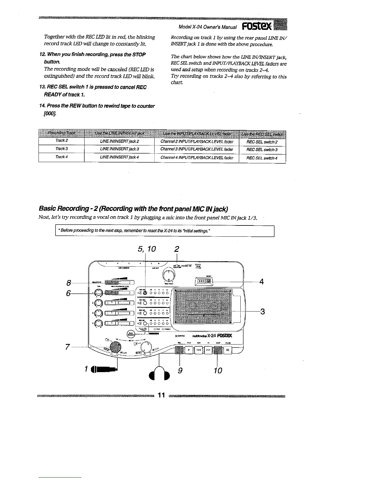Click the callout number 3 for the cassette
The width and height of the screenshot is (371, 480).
[262, 311]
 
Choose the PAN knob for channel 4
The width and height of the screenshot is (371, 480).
[99, 324]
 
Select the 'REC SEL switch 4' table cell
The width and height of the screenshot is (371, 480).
[262, 158]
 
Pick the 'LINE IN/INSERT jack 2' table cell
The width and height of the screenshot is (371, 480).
[119, 141]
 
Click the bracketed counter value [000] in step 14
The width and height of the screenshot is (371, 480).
[50, 113]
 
